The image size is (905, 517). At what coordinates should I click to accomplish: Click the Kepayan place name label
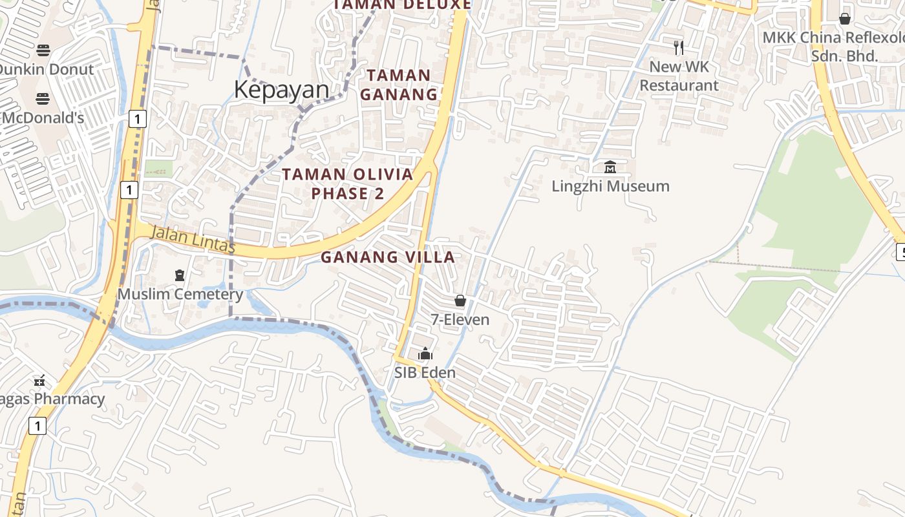(281, 90)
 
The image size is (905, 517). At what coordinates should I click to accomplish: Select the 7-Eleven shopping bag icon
(460, 301)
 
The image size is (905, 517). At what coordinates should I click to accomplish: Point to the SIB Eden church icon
(425, 353)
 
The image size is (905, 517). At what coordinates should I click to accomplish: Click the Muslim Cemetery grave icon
(180, 275)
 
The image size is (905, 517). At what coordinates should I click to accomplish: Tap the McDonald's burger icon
(43, 99)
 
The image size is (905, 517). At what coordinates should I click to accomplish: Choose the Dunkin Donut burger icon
(43, 50)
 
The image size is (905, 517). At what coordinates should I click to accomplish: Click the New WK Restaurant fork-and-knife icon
(679, 47)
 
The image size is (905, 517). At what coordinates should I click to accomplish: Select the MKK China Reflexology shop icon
(844, 19)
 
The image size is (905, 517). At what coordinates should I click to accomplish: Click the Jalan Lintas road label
(192, 240)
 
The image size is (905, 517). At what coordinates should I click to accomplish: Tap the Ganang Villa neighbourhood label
(388, 257)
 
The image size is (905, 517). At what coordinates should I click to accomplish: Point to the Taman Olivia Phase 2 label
(348, 184)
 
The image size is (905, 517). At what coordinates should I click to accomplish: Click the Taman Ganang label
(399, 85)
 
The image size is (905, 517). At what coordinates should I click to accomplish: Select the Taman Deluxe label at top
(402, 5)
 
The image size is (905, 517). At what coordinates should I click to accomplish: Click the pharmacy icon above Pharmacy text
(39, 380)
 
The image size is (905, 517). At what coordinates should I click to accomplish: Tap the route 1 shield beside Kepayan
(138, 119)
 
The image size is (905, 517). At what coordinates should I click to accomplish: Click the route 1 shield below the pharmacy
(38, 426)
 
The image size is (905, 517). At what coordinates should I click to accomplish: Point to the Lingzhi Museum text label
(610, 187)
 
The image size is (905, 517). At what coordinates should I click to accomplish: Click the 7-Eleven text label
(460, 320)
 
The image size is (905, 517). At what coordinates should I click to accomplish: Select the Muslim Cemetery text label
(180, 295)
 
